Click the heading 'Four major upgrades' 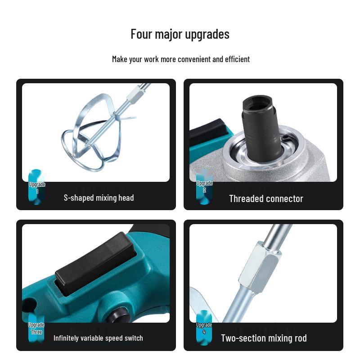coord(180,35)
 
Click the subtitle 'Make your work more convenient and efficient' coord(181,59)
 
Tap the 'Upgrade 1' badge coord(37,187)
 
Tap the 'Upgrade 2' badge coord(204,186)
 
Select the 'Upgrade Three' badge coord(36,328)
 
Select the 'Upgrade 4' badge coord(204,328)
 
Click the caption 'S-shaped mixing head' coord(99,198)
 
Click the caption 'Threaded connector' coord(266,199)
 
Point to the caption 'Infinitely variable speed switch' coord(98,338)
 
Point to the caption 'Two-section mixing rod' coord(264,338)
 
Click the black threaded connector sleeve coord(262,129)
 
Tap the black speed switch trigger coord(96,264)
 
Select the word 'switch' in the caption coord(134,338)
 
